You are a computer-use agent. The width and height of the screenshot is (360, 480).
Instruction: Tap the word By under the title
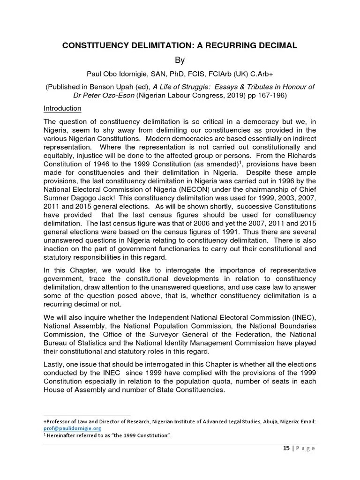180,60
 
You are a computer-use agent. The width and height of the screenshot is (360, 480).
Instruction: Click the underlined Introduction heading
62,109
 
